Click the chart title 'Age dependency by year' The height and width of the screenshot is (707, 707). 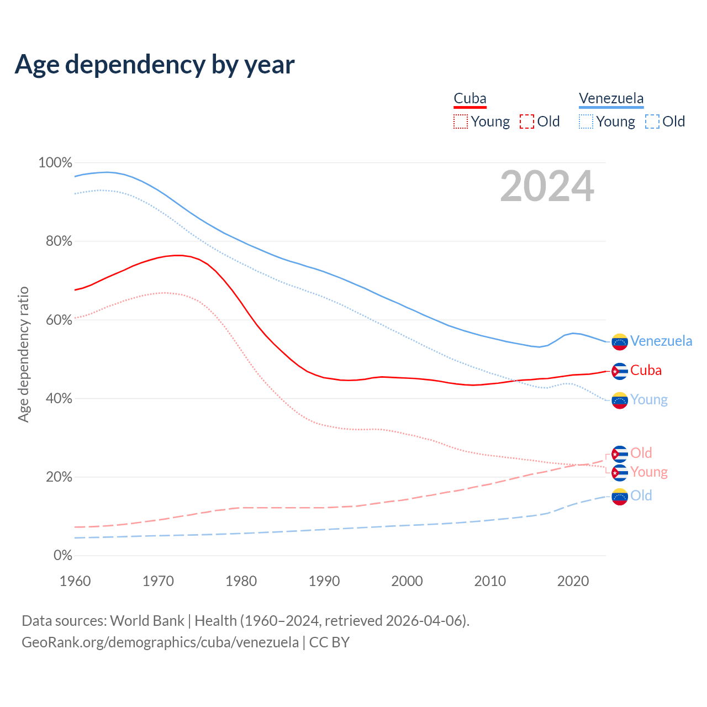point(155,65)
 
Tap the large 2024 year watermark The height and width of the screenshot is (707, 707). point(547,187)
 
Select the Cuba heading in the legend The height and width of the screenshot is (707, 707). point(470,99)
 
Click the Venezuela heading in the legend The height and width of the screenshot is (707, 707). point(611,99)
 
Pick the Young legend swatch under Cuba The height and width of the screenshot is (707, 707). point(460,122)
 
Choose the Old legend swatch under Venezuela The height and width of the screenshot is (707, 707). point(652,122)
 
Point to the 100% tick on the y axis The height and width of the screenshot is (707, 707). point(55,163)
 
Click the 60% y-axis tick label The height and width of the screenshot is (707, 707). point(55,320)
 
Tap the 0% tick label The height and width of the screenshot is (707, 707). point(62,555)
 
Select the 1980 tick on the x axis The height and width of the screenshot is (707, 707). point(241,581)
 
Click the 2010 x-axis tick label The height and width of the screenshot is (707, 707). point(490,581)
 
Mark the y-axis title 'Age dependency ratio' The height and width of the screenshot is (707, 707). point(23,354)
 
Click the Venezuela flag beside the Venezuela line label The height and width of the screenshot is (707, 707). point(620,342)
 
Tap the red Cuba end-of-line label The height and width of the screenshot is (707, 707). point(646,371)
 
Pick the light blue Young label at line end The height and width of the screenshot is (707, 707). point(649,400)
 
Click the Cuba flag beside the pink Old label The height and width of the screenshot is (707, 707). point(620,454)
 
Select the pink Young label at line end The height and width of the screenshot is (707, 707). point(649,472)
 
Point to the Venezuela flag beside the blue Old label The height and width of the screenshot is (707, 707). point(620,497)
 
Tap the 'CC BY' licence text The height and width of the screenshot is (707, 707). point(329,642)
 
